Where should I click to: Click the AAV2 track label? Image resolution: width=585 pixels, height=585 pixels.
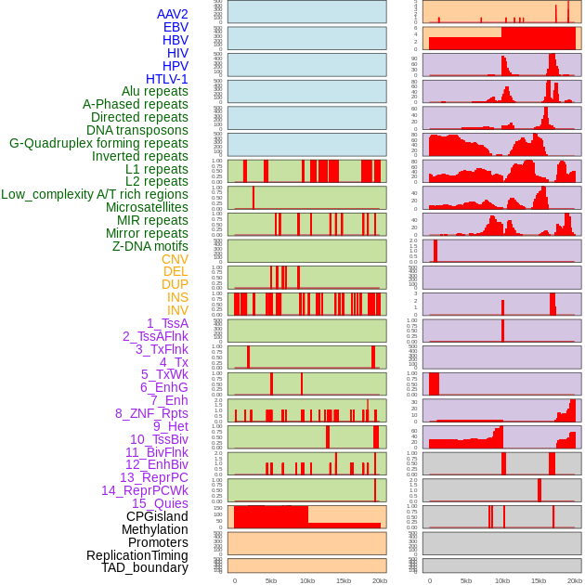(x=172, y=14)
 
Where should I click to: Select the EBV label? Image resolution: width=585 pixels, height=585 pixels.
(x=175, y=27)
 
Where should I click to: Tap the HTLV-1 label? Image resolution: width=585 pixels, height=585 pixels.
(x=166, y=79)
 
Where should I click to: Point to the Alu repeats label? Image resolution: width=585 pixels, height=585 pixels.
(x=154, y=91)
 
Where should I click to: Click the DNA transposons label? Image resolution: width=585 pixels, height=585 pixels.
(x=136, y=130)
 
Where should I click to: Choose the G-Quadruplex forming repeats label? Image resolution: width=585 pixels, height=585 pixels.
(x=98, y=143)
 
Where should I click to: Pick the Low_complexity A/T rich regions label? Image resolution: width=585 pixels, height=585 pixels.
(x=95, y=194)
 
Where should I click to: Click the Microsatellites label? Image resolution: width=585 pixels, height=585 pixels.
(x=147, y=207)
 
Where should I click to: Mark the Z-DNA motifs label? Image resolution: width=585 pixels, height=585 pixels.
(x=149, y=246)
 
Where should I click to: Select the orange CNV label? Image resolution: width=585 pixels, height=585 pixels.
(x=175, y=259)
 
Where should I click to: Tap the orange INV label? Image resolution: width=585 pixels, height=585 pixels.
(x=177, y=310)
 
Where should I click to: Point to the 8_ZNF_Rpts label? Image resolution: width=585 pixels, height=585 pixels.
(x=151, y=413)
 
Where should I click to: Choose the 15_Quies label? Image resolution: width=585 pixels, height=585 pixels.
(x=160, y=503)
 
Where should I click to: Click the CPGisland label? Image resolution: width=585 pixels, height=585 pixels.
(x=157, y=516)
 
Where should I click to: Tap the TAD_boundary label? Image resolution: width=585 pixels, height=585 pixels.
(x=145, y=567)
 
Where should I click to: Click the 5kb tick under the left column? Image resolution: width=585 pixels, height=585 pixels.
(x=271, y=580)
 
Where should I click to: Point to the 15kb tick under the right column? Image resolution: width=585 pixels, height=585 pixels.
(x=539, y=580)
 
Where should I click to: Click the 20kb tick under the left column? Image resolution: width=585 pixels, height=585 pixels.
(x=380, y=580)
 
